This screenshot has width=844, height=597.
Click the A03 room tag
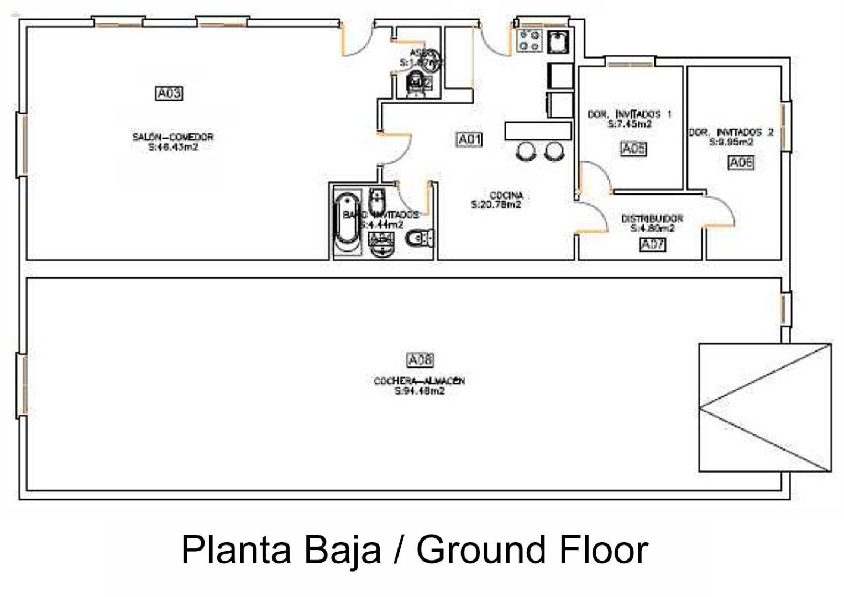(x=169, y=93)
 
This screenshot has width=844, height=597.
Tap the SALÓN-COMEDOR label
(x=172, y=137)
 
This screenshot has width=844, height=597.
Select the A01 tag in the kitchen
(x=469, y=140)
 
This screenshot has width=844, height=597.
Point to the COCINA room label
(x=506, y=195)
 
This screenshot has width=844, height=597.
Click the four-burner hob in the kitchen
(x=529, y=40)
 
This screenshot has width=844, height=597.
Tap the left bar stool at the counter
(x=526, y=151)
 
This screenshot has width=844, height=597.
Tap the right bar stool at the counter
(x=554, y=151)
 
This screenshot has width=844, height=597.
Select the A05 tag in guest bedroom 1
(x=633, y=149)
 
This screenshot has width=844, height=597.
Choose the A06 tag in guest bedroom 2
(x=741, y=163)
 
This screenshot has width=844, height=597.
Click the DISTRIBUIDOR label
(x=652, y=218)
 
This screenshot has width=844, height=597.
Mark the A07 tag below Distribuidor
(x=652, y=244)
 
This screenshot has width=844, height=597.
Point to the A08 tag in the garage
(x=420, y=360)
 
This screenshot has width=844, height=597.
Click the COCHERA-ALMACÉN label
(x=419, y=381)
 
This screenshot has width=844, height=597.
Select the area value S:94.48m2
(x=419, y=391)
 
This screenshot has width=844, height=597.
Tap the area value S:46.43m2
(x=173, y=147)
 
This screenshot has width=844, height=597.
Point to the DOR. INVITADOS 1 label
(x=629, y=114)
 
